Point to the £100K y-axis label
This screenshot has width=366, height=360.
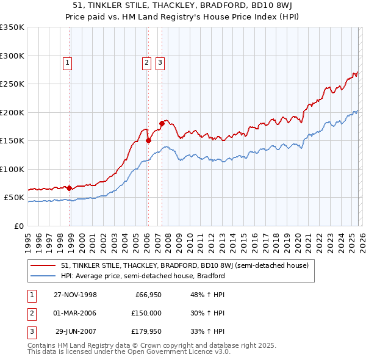pos(12,169)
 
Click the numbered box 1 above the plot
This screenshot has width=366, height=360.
pos(67,62)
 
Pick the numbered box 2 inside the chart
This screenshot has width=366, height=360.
pos(147,62)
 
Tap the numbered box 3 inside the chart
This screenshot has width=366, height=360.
pos(160,62)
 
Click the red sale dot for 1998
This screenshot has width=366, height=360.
pos(70,188)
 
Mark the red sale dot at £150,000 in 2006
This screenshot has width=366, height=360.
pos(148,140)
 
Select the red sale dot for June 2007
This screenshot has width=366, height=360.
pos(162,124)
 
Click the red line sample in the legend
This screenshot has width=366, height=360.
pos(43,265)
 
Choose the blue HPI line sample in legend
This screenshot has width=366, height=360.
pos(43,276)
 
